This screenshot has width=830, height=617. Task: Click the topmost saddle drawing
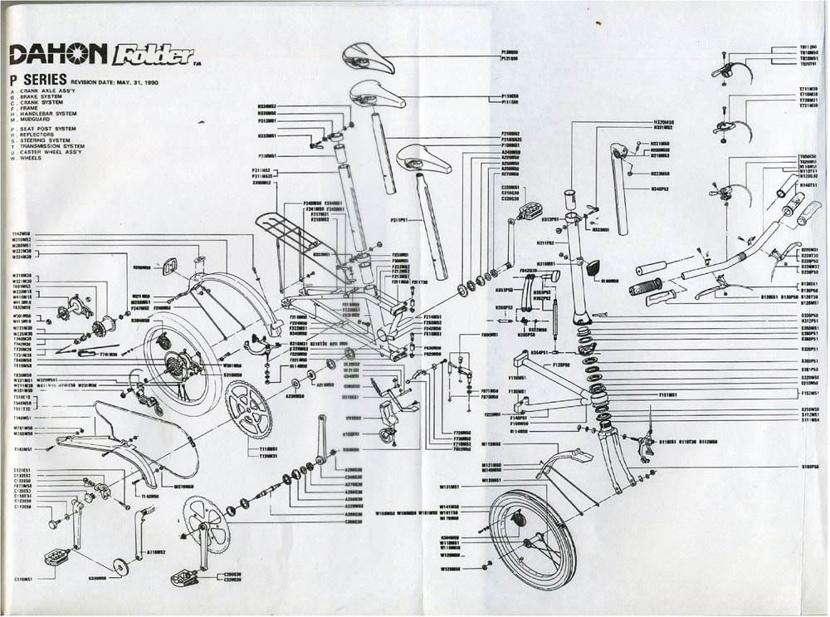369,57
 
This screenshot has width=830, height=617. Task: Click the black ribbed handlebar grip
642,290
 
